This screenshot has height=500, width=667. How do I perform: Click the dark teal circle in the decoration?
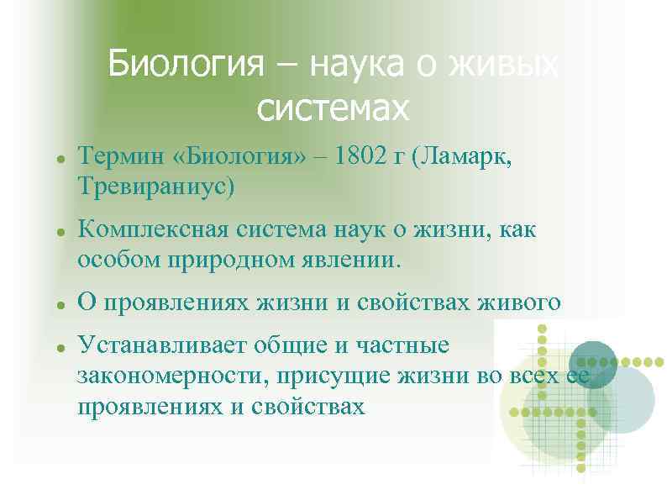(x=592, y=363)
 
